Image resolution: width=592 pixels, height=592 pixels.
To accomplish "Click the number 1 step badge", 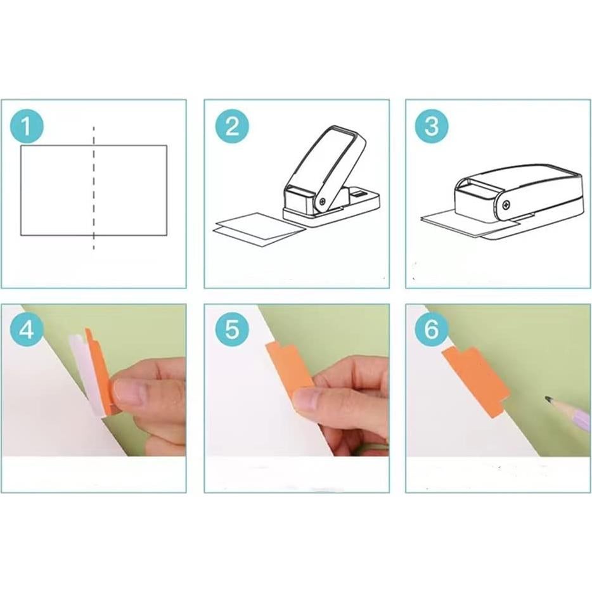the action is click(27, 126).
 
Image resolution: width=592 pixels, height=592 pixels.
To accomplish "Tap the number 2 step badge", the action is click(232, 126).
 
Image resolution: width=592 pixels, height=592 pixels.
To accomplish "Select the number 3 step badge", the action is click(432, 126).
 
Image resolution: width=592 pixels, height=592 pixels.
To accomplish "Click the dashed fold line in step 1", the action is click(94, 189).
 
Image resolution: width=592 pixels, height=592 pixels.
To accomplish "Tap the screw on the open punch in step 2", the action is click(323, 201).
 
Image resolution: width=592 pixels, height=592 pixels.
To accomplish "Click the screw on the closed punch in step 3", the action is click(506, 205).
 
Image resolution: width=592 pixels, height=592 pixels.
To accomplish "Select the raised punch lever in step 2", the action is click(325, 166).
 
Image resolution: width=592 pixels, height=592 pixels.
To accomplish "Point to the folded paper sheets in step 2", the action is click(259, 229).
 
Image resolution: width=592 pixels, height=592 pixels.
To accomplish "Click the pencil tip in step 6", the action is click(547, 398).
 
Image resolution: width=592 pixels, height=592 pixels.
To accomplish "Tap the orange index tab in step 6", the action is click(477, 382).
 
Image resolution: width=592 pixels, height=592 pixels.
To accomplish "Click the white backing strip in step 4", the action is click(84, 374).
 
